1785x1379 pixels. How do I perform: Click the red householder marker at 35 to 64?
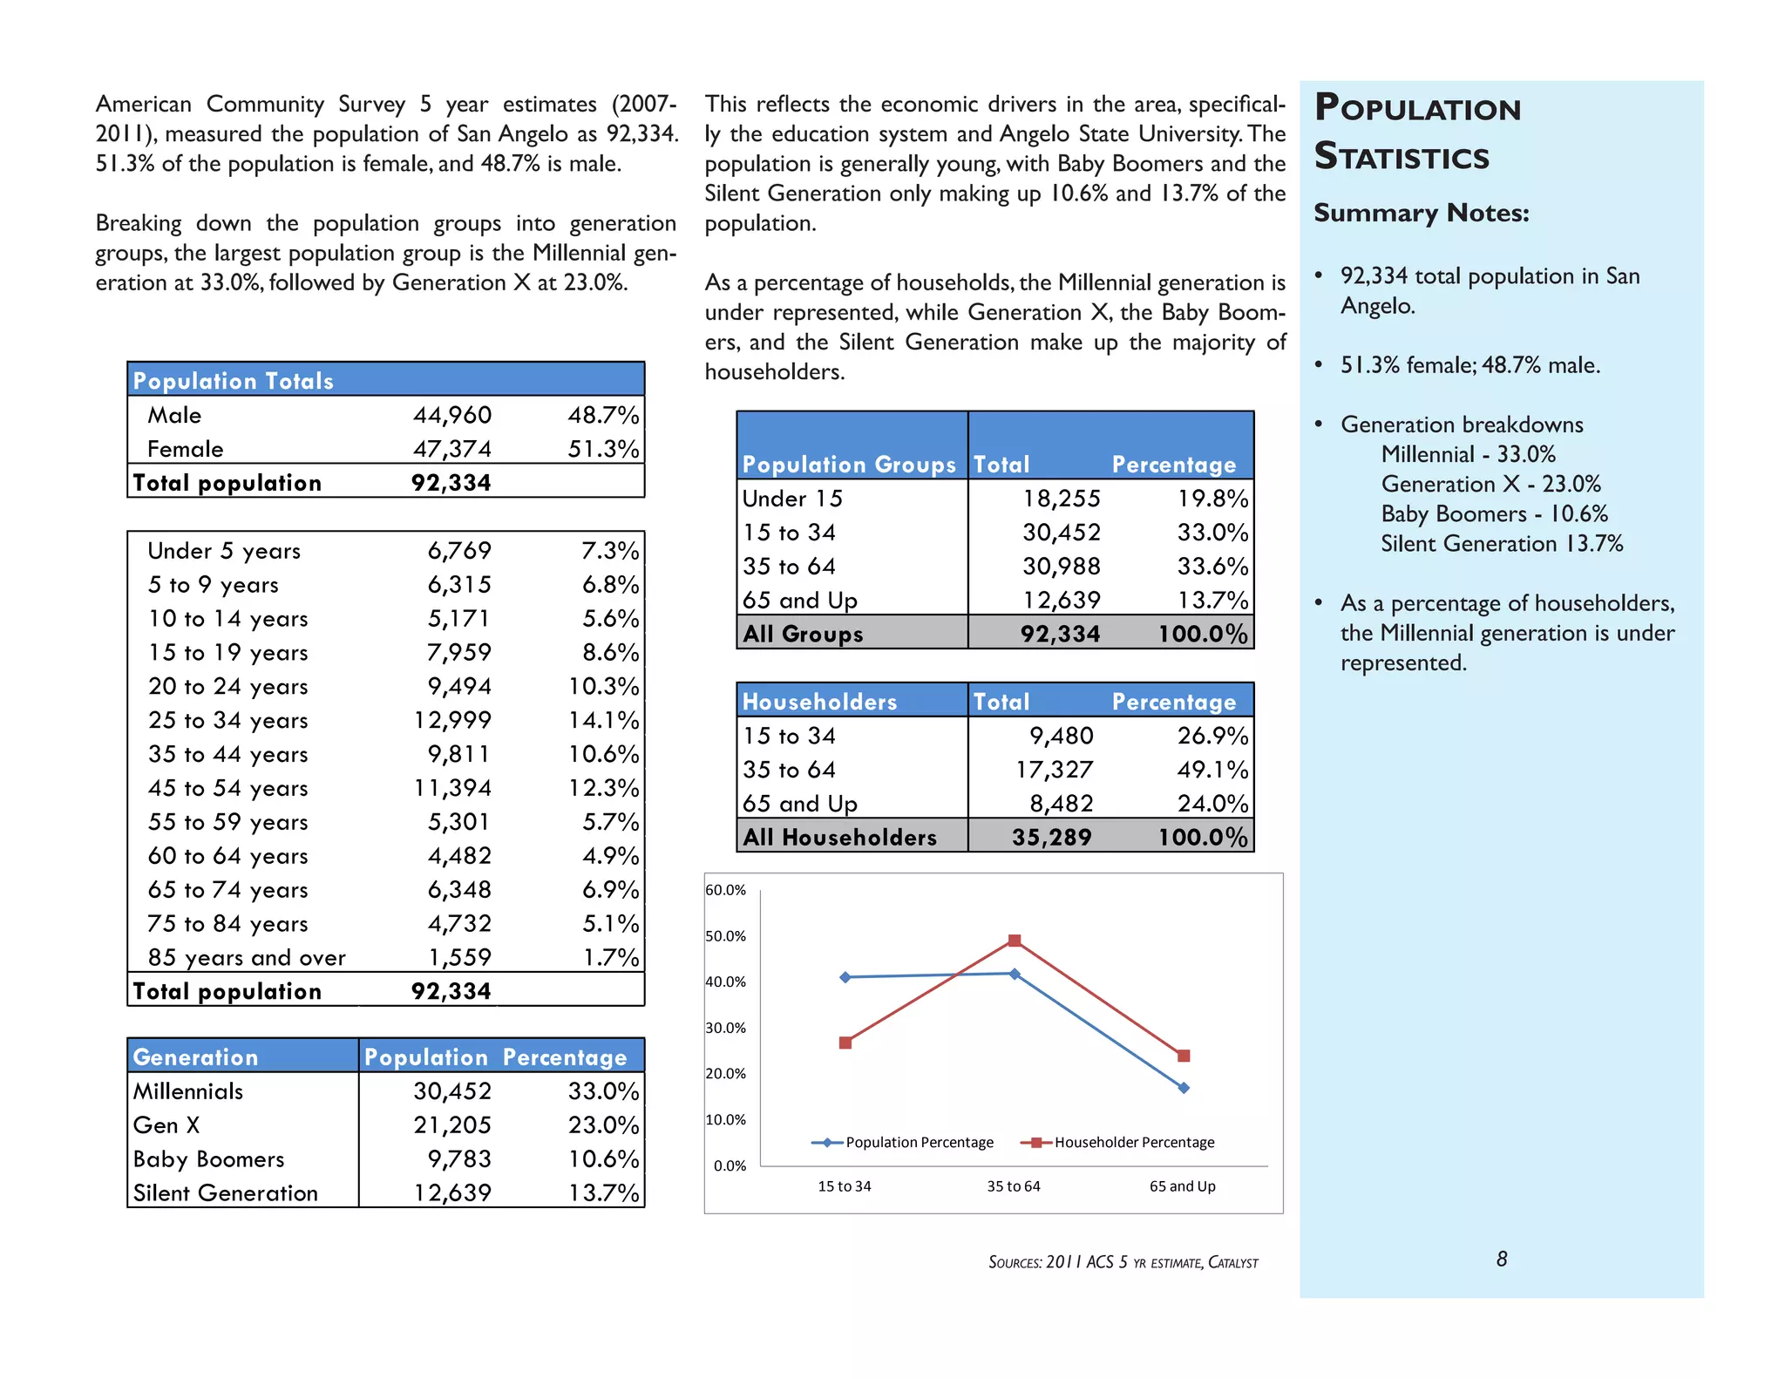[x=1015, y=941]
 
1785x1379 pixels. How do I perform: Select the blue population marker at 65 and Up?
[x=1184, y=1088]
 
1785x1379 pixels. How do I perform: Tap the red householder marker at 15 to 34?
[x=845, y=1043]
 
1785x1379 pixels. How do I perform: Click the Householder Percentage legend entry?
[x=1133, y=1142]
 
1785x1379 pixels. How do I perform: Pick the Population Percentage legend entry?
[x=919, y=1142]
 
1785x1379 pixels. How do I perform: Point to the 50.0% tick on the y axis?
[x=725, y=936]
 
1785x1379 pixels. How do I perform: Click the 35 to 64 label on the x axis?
[x=1014, y=1186]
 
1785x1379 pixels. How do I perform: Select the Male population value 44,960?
[x=451, y=415]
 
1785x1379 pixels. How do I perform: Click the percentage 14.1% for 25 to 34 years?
[x=603, y=720]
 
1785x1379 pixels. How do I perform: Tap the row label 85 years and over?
[x=247, y=957]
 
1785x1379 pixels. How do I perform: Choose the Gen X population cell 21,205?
[x=451, y=1124]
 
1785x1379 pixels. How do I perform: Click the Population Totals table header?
[x=233, y=381]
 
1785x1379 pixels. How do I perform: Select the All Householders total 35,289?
[x=1051, y=837]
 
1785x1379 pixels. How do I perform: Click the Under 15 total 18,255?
[x=1061, y=499]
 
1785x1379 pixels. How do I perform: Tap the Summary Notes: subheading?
[x=1421, y=213]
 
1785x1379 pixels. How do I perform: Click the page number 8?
[x=1502, y=1259]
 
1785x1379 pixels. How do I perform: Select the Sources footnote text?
[x=1123, y=1262]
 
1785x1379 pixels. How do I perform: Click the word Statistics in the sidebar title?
[x=1402, y=157]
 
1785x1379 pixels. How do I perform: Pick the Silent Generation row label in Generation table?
[x=226, y=1192]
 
